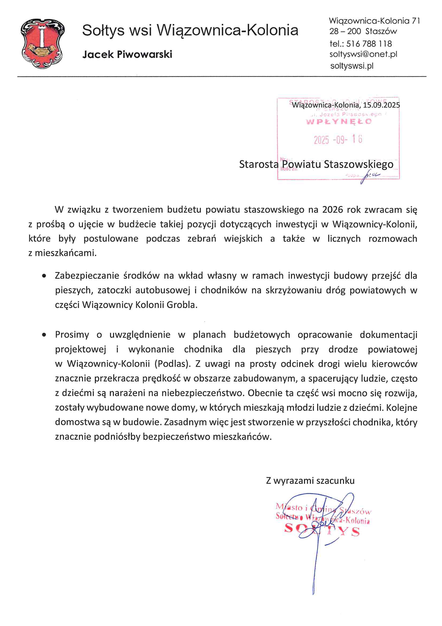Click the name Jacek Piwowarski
(x=127, y=54)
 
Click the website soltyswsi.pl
(x=352, y=66)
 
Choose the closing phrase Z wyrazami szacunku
(x=310, y=480)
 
